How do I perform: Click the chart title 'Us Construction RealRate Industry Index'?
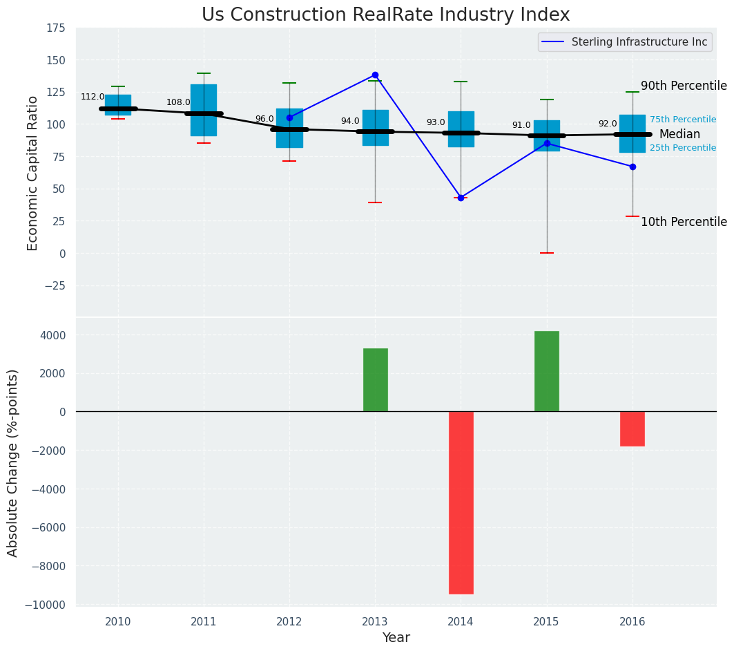tap(385, 15)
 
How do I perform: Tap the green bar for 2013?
tap(376, 380)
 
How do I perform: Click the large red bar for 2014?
tap(461, 502)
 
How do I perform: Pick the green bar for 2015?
tap(547, 371)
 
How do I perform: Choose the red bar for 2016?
tap(632, 428)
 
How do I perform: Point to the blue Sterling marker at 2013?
tap(376, 75)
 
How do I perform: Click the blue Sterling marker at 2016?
tap(632, 167)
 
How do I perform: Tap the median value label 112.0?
tap(93, 97)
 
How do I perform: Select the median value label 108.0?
tap(178, 102)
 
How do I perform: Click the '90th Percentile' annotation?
tap(684, 86)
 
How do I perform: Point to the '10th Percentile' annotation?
tap(684, 222)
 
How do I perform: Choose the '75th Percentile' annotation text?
tap(682, 120)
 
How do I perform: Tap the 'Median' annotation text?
tap(679, 135)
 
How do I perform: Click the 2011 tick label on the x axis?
tap(204, 622)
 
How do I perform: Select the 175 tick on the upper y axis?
tap(56, 28)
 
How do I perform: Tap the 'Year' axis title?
tap(396, 638)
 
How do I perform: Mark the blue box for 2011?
tap(204, 111)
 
